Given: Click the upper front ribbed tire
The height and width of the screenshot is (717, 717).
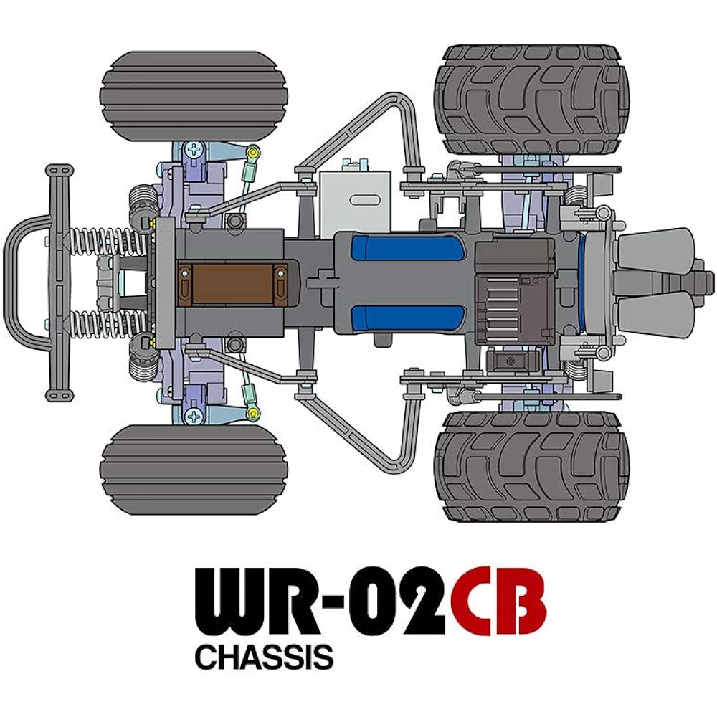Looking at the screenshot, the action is coord(194,96).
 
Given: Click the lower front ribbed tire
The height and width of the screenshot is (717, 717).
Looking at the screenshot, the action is coord(194,470).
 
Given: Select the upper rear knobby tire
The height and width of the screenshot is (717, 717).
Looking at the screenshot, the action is coord(531,99).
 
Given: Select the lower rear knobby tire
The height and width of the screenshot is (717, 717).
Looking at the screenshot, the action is coord(531,467).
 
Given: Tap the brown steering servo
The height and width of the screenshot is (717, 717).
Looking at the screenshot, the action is coord(232,284).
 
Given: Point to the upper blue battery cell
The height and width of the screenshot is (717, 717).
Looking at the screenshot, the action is coord(408,248).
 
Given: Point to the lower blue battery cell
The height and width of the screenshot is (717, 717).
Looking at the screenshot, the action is coord(408,319).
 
